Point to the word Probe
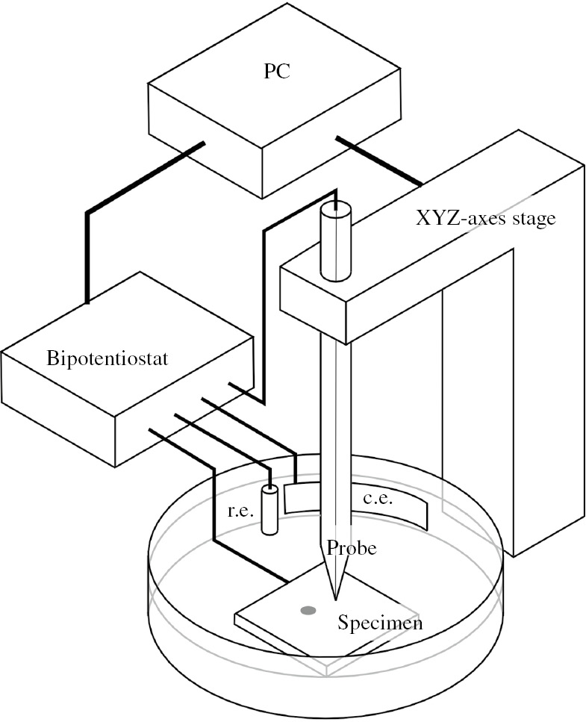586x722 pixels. (351, 548)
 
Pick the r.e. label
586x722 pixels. (240, 513)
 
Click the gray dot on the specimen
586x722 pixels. (306, 611)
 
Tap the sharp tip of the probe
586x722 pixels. (336, 597)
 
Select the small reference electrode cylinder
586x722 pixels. (269, 509)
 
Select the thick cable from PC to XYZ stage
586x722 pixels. (379, 161)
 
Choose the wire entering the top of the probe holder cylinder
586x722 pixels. (264, 299)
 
